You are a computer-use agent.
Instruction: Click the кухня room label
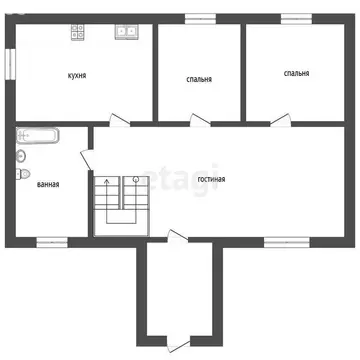pos(76,75)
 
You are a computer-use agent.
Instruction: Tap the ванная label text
pos(47,184)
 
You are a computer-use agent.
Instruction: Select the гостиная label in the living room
pos(210,179)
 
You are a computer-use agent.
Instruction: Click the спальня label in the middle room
pos(199,79)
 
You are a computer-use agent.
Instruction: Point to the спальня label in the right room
pos(296,73)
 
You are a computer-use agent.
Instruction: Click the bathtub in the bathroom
pos(38,135)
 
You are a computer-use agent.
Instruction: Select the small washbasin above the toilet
pos(20,155)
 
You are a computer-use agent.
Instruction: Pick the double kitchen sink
pos(126,31)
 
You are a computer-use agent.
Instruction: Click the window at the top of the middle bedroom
pos(200,17)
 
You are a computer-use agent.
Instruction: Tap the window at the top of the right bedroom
pos(296,17)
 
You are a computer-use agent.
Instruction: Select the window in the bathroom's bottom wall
pos(51,241)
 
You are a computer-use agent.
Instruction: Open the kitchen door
pos(118,121)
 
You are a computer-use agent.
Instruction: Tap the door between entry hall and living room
pos(176,239)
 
